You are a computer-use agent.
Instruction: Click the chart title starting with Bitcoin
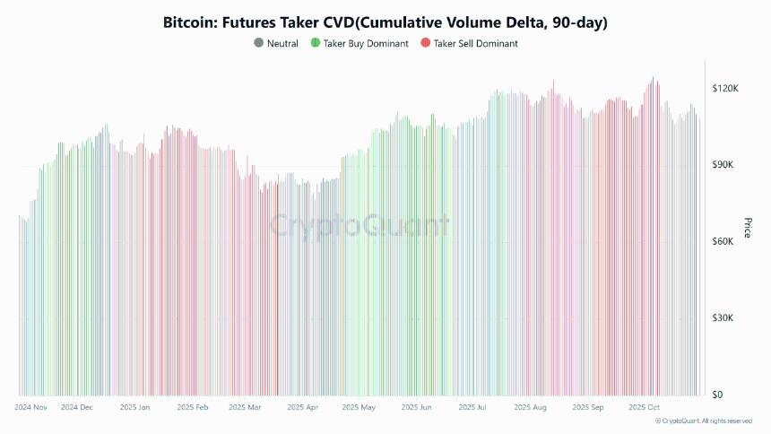tap(385, 20)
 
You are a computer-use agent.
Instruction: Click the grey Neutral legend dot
tap(259, 43)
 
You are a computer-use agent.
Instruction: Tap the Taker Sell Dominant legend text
tap(475, 43)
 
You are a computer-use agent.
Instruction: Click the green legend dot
tap(315, 43)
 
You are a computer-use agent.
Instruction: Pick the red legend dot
tap(426, 43)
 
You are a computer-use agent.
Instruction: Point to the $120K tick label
tap(724, 89)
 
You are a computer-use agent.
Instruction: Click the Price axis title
tap(747, 228)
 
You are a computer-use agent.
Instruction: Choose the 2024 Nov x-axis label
tap(31, 407)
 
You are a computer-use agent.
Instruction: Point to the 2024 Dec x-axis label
tap(77, 407)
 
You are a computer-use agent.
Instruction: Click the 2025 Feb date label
tap(193, 407)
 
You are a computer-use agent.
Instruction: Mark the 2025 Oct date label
tap(644, 407)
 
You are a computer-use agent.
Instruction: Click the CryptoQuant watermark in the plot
tap(360, 224)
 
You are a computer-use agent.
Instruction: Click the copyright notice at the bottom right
tap(704, 421)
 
